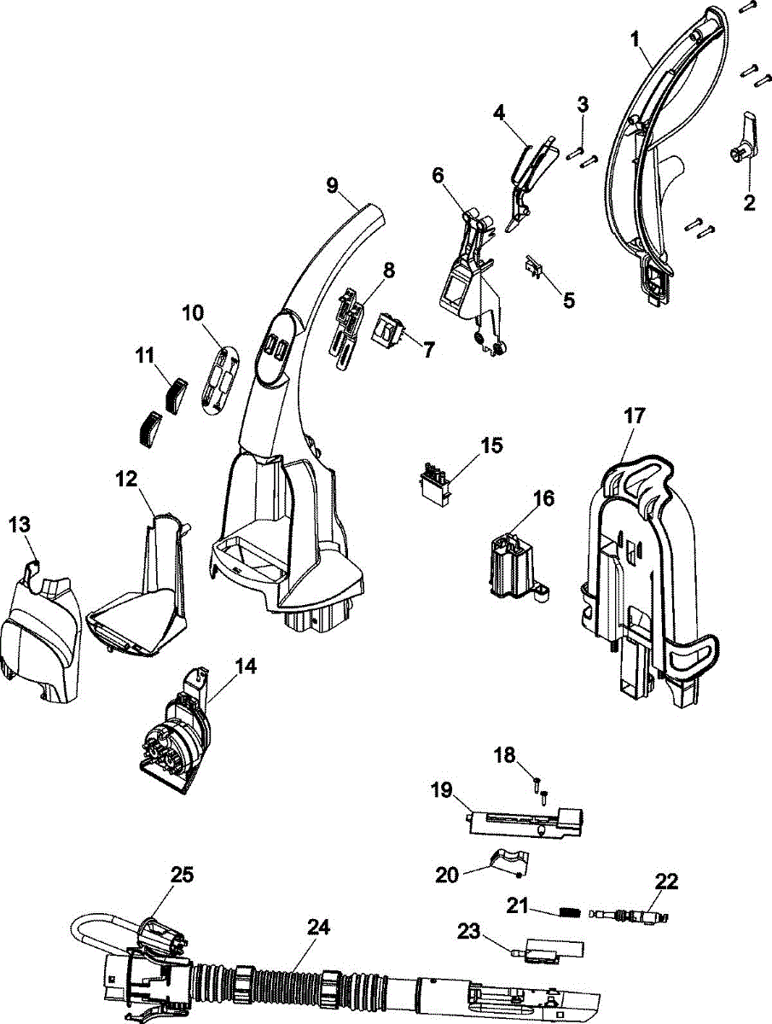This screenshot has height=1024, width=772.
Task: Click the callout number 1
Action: click(x=635, y=40)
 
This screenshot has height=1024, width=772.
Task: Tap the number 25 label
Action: click(x=183, y=875)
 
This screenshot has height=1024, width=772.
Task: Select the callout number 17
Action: click(x=634, y=416)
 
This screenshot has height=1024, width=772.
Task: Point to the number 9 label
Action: click(x=332, y=186)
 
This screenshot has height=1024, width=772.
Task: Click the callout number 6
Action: click(x=438, y=177)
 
